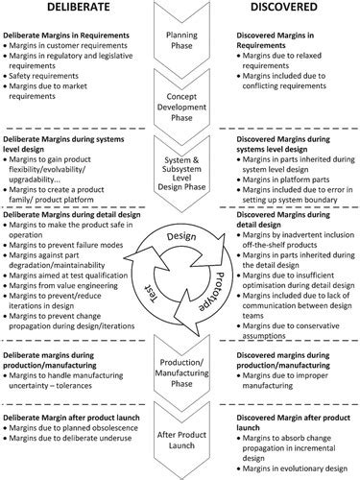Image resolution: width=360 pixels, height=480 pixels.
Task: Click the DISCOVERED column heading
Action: point(292,12)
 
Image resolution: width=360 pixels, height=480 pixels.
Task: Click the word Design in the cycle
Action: point(179,236)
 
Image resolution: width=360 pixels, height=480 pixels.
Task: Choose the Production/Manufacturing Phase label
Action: point(180,371)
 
